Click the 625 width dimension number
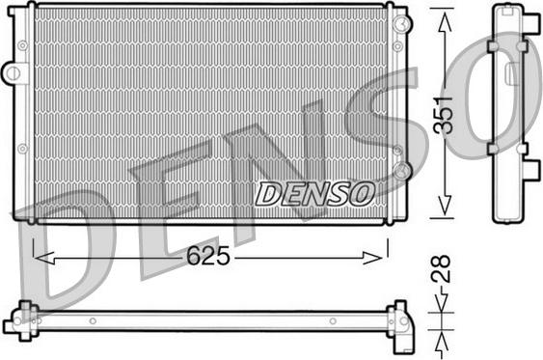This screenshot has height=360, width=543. point(208,256)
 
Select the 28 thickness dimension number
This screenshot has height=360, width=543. point(441,268)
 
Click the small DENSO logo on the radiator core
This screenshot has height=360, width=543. point(315,193)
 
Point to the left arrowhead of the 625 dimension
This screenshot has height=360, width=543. point(44,259)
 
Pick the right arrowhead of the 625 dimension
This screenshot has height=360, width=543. point(372,258)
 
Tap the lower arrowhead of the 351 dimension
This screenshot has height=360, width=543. point(445,204)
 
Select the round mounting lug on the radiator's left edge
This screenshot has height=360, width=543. point(14,72)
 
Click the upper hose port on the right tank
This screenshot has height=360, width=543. point(402,23)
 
